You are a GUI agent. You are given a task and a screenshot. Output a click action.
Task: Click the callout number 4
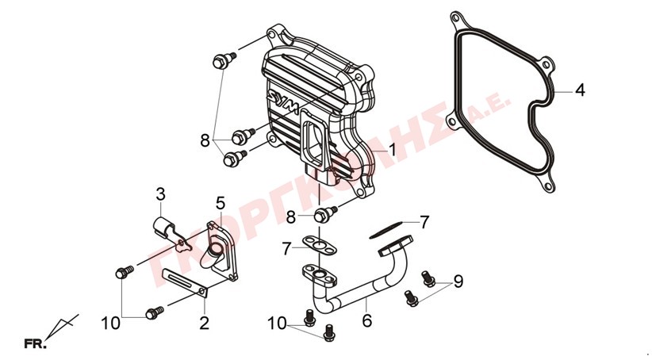tap(580, 90)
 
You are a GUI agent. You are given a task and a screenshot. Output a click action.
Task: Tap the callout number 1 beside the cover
tap(392, 150)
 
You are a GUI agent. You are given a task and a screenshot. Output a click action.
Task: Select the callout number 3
tap(160, 194)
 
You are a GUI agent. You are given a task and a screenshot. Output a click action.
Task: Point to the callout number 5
tap(221, 203)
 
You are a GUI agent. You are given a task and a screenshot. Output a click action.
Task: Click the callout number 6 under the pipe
tap(366, 320)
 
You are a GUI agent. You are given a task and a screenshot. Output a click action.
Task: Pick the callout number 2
tap(204, 323)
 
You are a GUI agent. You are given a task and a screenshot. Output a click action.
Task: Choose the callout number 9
tap(458, 281)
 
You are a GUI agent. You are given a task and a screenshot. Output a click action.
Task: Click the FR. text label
tap(36, 344)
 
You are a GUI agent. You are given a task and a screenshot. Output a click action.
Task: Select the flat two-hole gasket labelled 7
tap(320, 244)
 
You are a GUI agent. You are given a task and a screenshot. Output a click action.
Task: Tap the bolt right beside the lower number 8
tap(324, 213)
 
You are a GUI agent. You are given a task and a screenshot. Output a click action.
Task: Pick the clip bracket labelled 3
tap(171, 235)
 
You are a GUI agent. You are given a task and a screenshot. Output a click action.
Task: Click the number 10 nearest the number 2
tap(110, 323)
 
